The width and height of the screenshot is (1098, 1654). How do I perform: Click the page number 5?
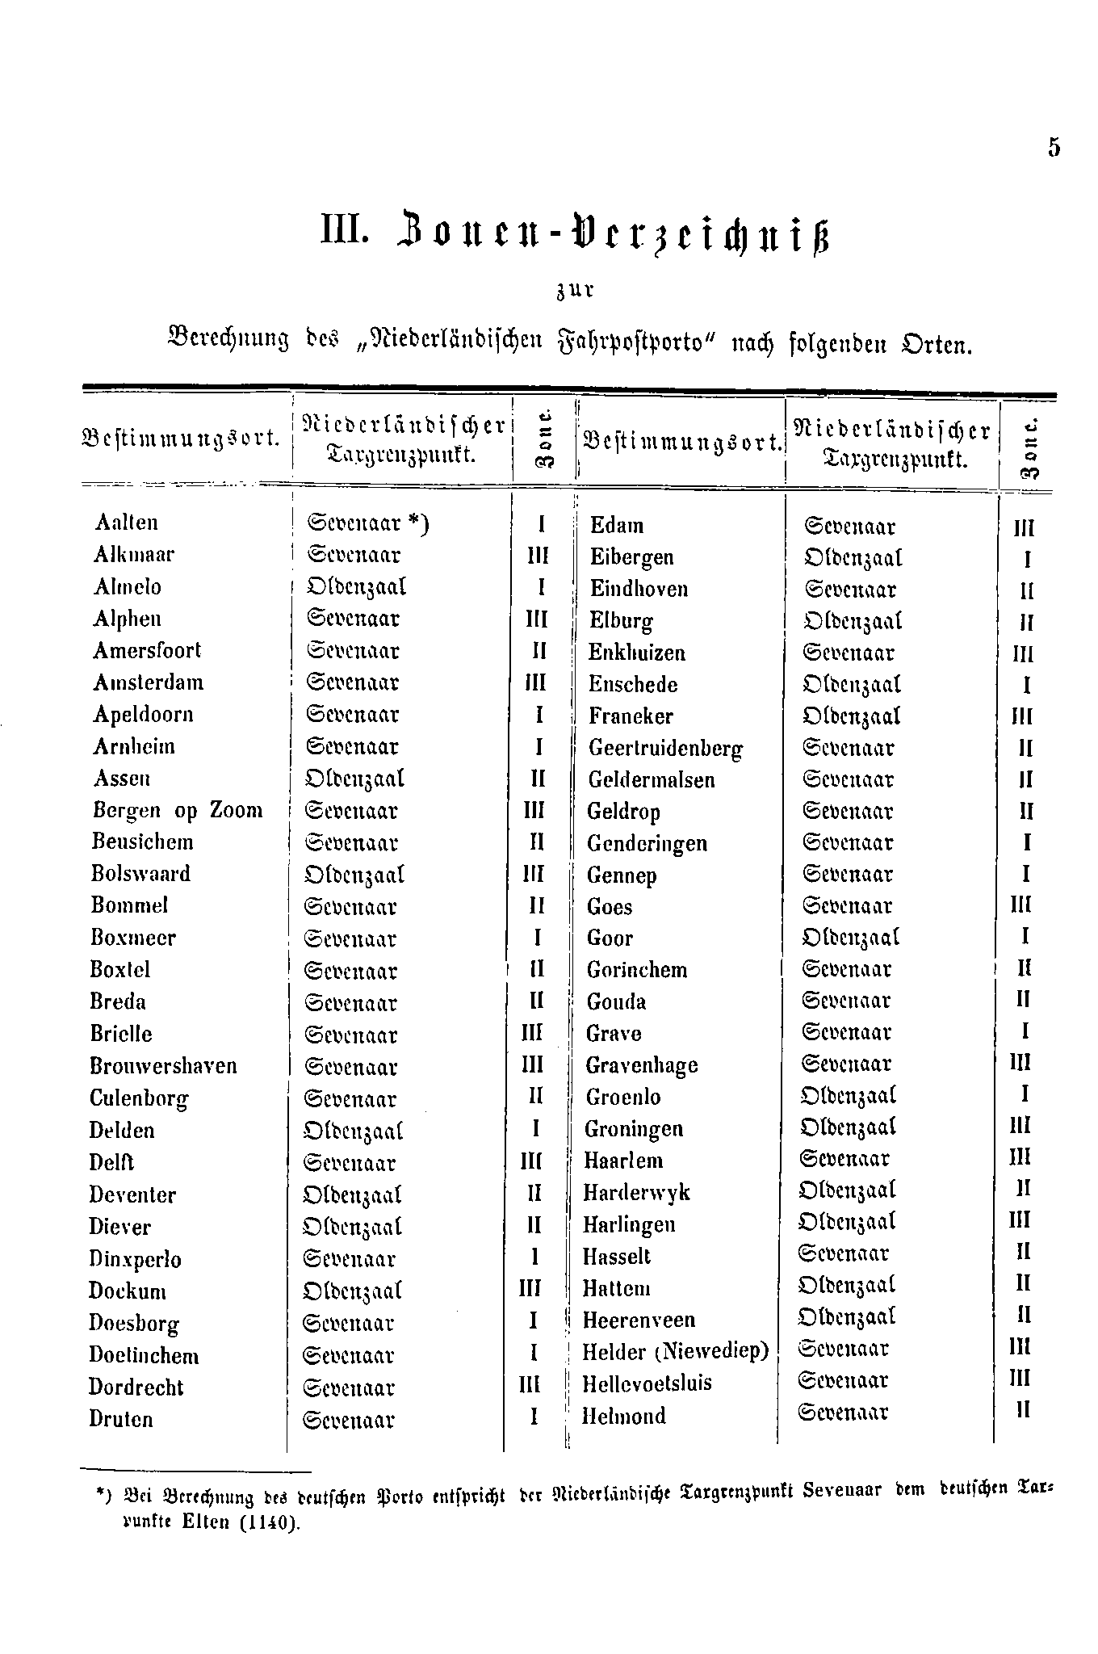[x=1054, y=148]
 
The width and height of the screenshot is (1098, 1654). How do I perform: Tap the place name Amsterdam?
[x=149, y=683]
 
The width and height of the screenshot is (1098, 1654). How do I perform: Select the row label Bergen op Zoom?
[x=178, y=811]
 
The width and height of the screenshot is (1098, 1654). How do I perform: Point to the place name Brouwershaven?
[x=163, y=1066]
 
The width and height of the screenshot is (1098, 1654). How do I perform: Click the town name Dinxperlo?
[x=135, y=1260]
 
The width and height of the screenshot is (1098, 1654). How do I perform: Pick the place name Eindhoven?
[x=639, y=589]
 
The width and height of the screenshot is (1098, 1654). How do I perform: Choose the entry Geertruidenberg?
[x=665, y=749]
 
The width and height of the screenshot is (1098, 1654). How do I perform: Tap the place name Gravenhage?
[x=642, y=1066]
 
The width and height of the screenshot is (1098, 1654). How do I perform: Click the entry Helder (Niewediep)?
[x=676, y=1351]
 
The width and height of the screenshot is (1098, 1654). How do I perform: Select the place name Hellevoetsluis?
[x=647, y=1383]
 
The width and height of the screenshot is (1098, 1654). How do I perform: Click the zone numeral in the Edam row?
[x=1024, y=528]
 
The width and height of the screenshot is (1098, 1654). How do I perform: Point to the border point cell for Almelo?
[x=356, y=587]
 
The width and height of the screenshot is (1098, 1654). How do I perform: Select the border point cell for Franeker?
[x=852, y=716]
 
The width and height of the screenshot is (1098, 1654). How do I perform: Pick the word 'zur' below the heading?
[x=574, y=291]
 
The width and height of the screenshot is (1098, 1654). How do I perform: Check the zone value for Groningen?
[x=1020, y=1127]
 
